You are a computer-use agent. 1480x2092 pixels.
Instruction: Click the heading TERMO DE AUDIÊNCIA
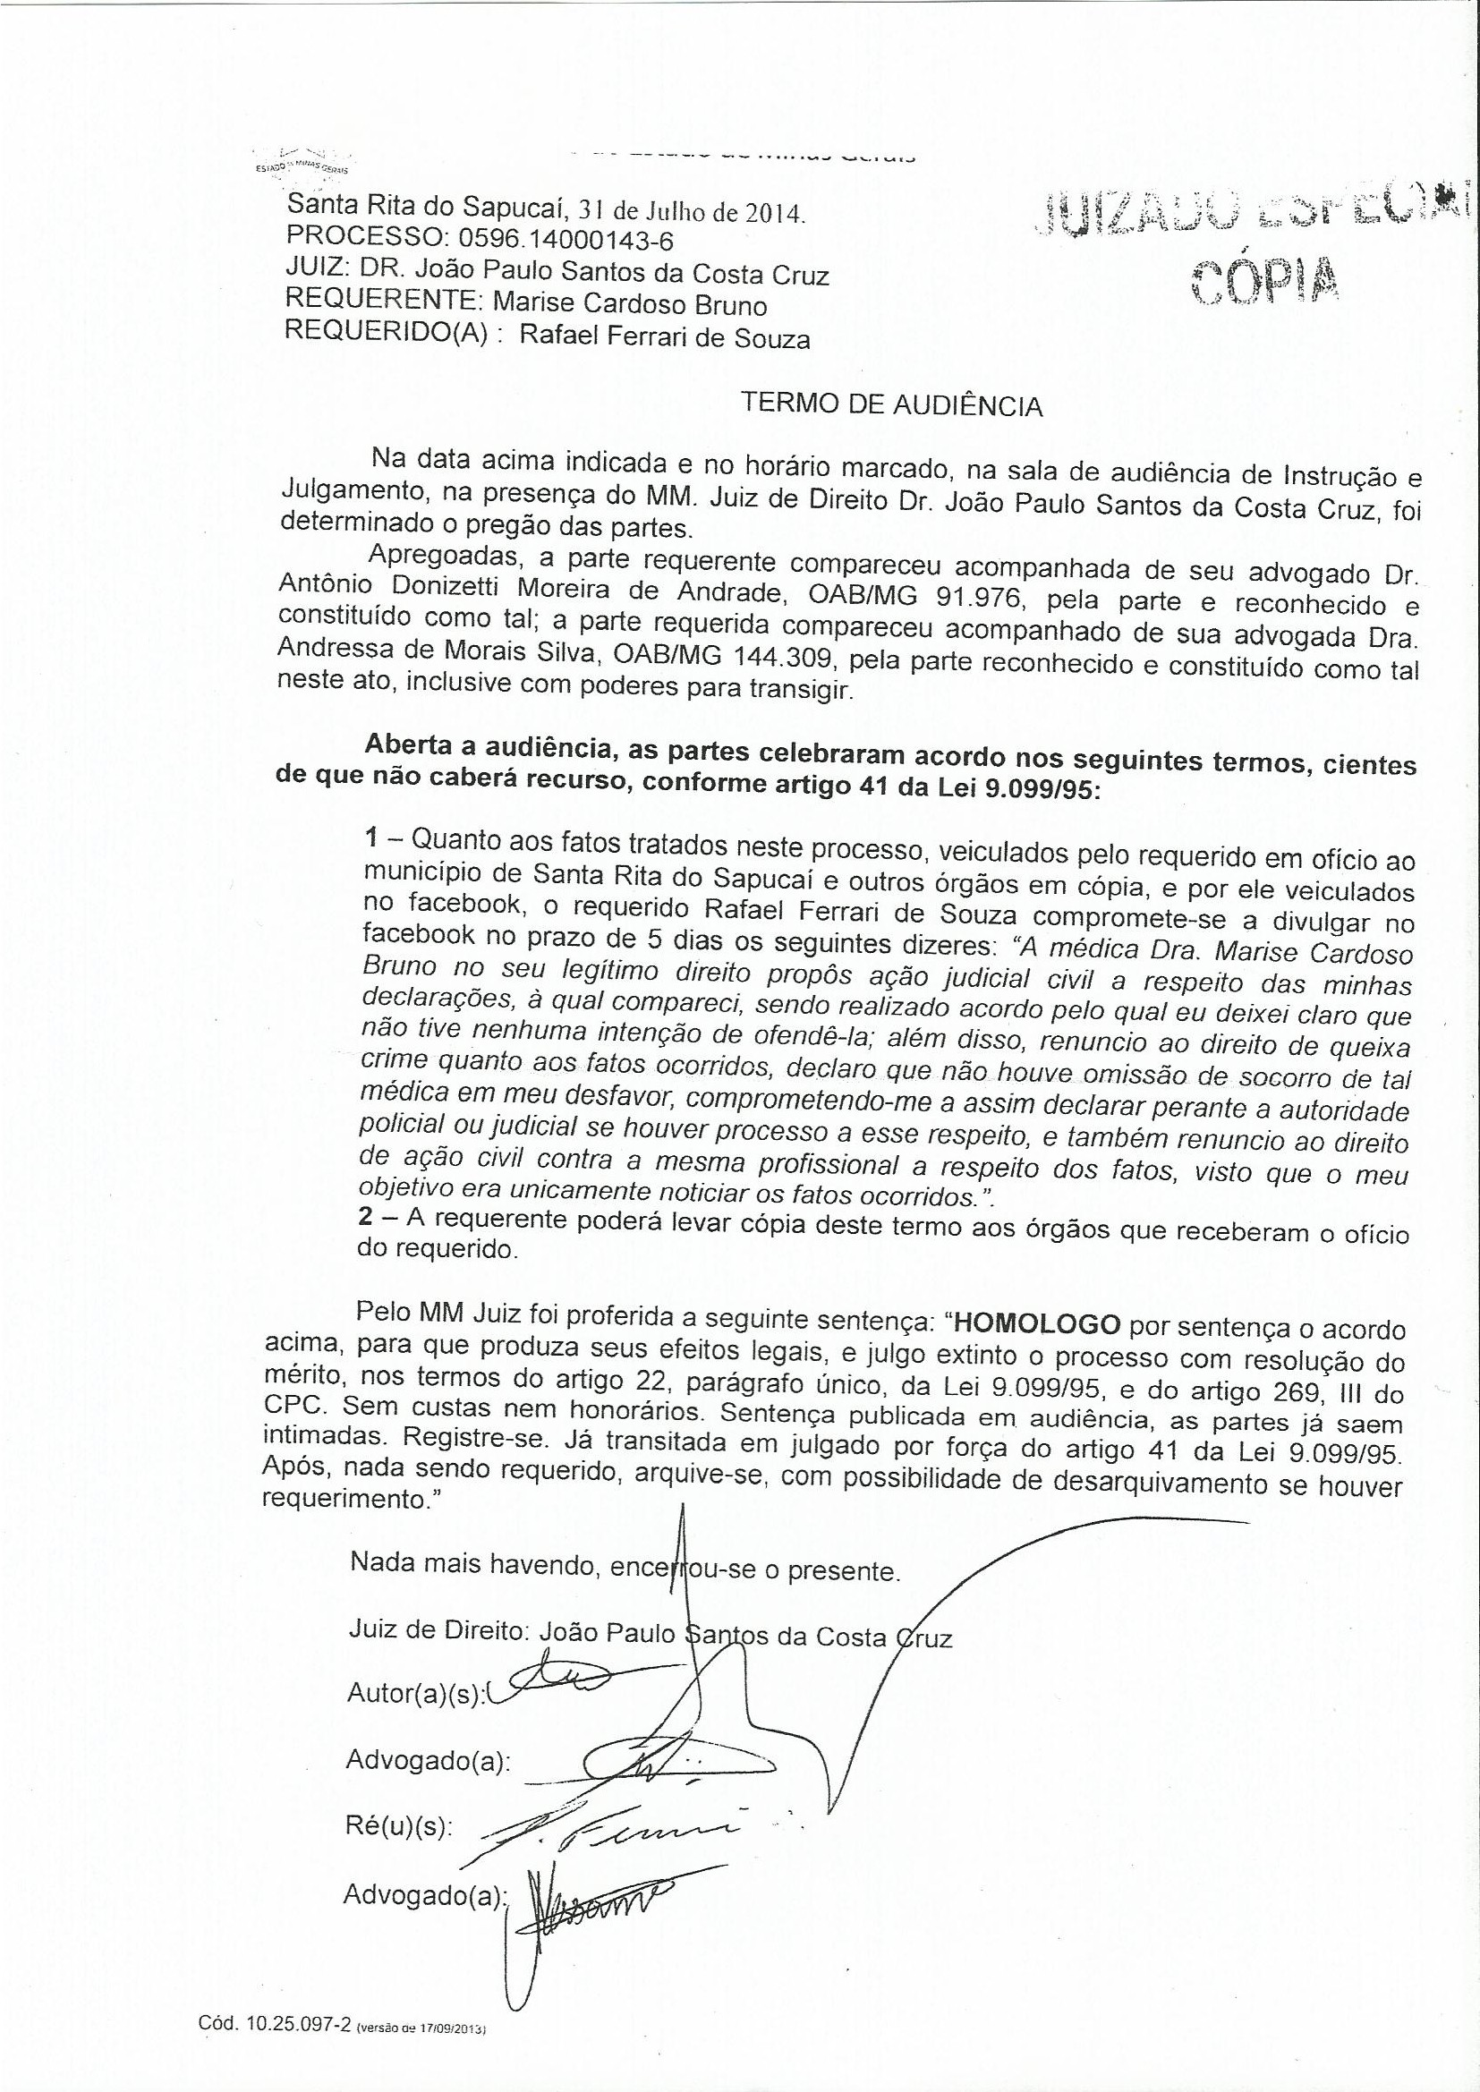pyautogui.click(x=892, y=404)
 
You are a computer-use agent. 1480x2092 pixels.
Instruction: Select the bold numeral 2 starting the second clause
pyautogui.click(x=364, y=1218)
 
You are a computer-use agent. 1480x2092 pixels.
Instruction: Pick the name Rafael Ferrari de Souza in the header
pyautogui.click(x=664, y=337)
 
